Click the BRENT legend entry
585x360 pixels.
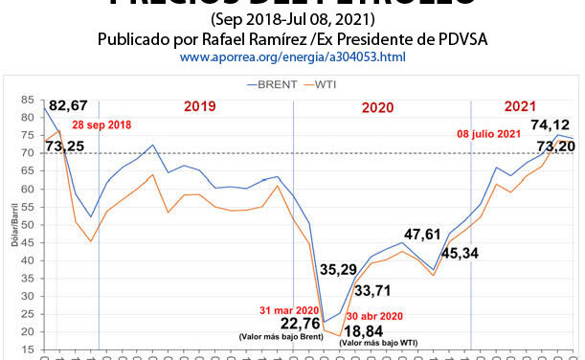point(275,84)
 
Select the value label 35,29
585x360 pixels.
point(340,271)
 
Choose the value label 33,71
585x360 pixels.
point(375,290)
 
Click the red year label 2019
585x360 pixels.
point(199,107)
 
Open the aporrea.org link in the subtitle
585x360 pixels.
point(292,58)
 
